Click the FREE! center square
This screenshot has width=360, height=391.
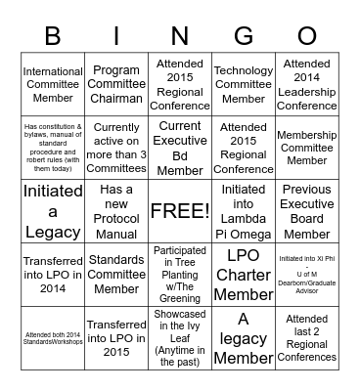[180, 211]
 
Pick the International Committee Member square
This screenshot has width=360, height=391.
[53, 85]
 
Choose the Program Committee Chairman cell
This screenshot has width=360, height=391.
[116, 85]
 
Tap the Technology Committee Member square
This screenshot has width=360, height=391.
[244, 85]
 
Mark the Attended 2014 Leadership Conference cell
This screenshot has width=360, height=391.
[307, 85]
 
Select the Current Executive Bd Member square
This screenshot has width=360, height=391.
[180, 148]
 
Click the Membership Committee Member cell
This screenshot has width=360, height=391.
[307, 148]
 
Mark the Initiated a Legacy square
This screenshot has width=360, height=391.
[53, 211]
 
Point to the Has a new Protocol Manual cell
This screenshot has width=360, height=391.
[116, 211]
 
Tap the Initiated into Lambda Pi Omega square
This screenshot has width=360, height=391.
[244, 211]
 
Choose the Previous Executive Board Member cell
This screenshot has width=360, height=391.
[307, 211]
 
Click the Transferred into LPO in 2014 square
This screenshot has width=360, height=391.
[53, 275]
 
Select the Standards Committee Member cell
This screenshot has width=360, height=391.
[116, 275]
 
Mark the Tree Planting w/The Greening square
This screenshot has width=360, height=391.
[180, 275]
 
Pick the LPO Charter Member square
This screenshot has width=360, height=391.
[244, 275]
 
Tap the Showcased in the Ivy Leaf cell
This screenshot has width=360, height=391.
[180, 338]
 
